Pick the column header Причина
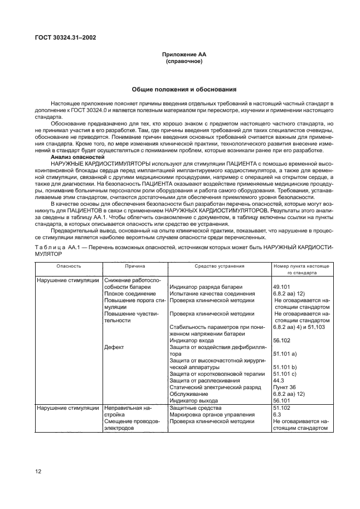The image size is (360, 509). coord(135,266)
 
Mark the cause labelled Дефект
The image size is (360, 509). coord(114,346)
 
